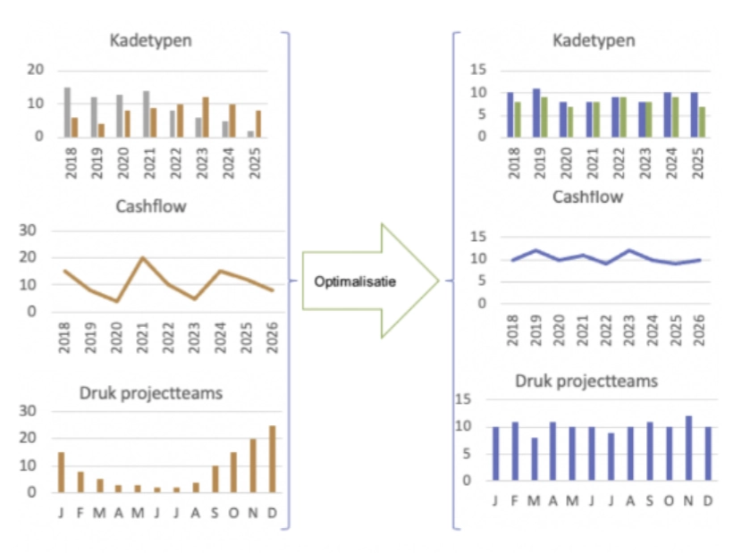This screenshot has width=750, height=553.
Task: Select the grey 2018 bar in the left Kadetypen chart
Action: pos(67,113)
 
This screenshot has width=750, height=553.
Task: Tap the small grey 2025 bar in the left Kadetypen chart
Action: pos(250,134)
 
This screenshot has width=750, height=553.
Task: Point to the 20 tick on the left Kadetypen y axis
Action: pos(36,71)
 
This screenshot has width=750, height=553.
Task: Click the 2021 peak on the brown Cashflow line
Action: pos(143,258)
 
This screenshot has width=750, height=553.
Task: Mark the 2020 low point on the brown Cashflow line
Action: pos(117,301)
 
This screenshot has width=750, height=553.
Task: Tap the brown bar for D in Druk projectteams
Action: pos(272,458)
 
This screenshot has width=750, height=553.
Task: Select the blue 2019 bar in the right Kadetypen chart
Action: pos(536,113)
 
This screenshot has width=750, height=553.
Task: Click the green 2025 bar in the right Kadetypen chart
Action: pos(702,121)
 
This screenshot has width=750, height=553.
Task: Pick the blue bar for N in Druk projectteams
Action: pos(688,448)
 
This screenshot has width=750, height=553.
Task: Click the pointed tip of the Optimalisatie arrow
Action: pos(438,281)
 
